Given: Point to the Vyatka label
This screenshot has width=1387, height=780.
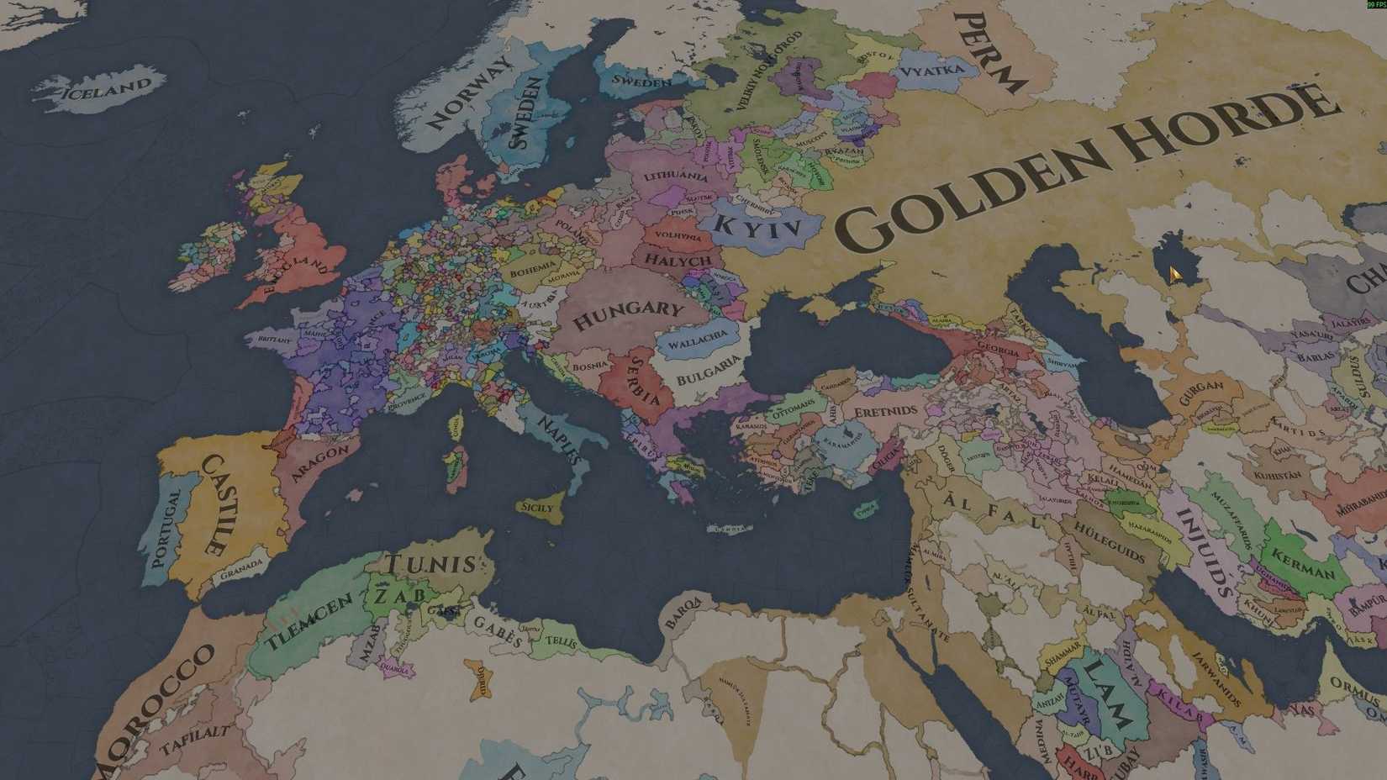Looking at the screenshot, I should (931, 71).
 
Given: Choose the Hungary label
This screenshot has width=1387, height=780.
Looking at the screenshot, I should (628, 314).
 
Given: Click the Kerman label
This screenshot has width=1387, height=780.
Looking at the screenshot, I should (1303, 564).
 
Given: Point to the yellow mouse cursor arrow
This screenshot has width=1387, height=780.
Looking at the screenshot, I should (1175, 274).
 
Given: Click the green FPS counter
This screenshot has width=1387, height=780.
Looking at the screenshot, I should (1377, 4).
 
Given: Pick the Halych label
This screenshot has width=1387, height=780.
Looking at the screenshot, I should (678, 261).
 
